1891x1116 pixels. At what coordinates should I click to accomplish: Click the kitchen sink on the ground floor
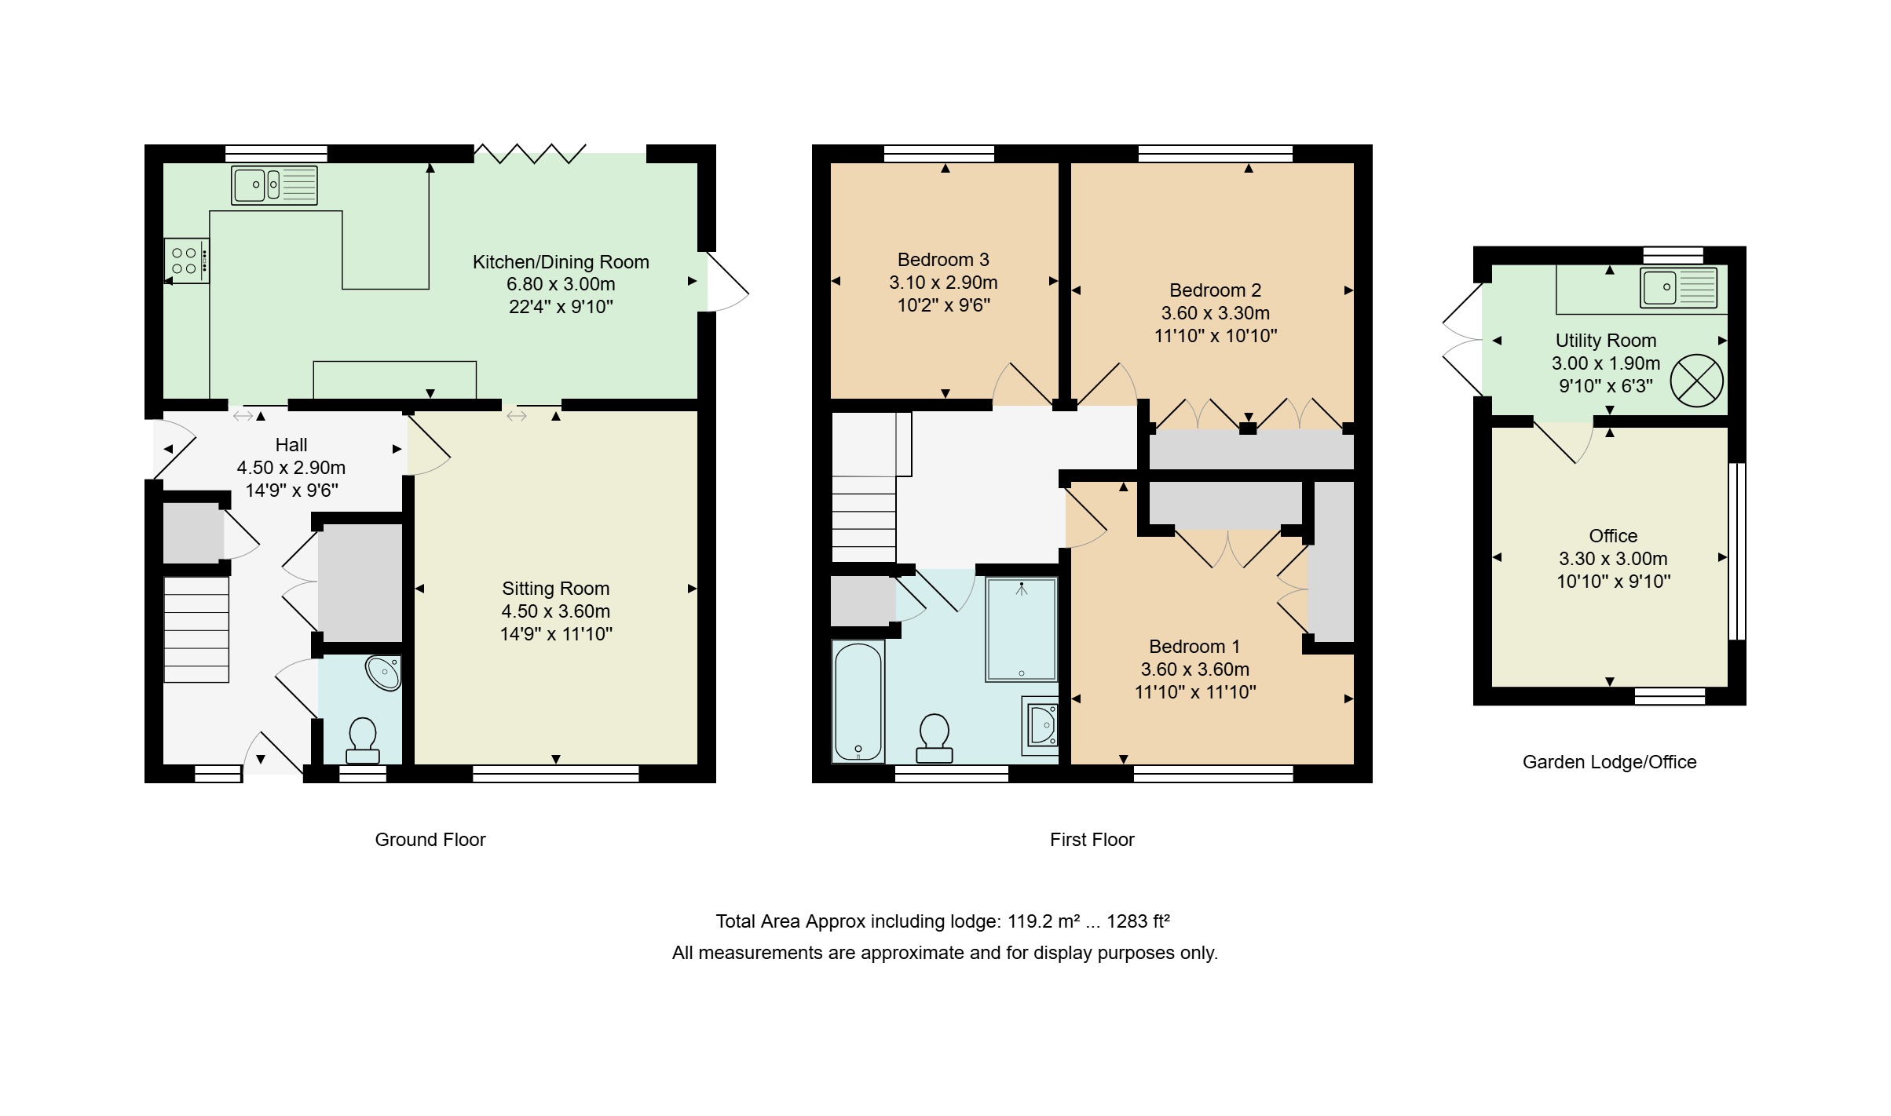pos(274,185)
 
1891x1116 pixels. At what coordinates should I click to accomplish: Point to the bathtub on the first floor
pos(858,702)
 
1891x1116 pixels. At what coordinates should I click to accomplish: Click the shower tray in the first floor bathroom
pos(1022,629)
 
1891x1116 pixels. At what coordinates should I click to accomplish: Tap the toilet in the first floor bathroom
pos(935,739)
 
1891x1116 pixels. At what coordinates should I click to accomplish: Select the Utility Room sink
pos(1679,287)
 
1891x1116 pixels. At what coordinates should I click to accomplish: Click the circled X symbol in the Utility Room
pos(1696,381)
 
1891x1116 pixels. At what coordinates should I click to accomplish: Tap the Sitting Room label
pos(556,589)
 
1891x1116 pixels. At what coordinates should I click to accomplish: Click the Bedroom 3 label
pos(943,260)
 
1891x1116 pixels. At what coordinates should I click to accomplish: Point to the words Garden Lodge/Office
pos(1610,762)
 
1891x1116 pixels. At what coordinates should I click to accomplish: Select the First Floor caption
pos(1092,840)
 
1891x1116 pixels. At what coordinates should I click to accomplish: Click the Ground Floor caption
pos(430,840)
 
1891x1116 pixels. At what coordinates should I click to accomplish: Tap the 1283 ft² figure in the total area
pos(1139,921)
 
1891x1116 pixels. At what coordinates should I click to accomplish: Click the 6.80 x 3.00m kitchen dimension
pos(561,284)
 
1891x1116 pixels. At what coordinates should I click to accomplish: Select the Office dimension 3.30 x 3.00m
pos(1613,559)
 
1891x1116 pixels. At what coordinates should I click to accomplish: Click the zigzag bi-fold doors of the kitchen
pos(531,153)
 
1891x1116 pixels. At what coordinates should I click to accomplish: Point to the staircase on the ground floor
pos(196,629)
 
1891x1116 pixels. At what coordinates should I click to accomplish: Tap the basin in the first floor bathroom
pos(1041,726)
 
